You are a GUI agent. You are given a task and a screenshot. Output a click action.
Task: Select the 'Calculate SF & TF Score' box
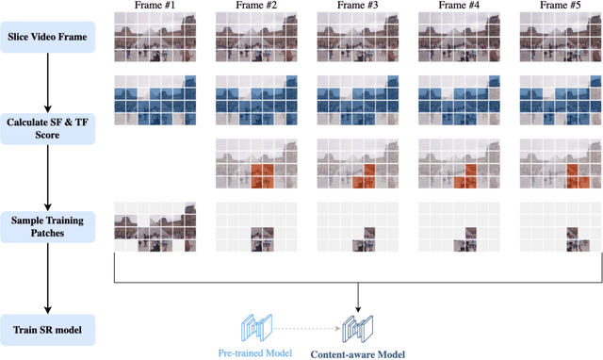pyautogui.click(x=47, y=127)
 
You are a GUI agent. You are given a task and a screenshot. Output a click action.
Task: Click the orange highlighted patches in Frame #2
pyautogui.click(x=262, y=172)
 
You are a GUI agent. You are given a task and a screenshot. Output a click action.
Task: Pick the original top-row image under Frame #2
pyautogui.click(x=255, y=39)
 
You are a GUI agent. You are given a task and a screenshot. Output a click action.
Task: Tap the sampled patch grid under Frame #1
pyautogui.click(x=155, y=226)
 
